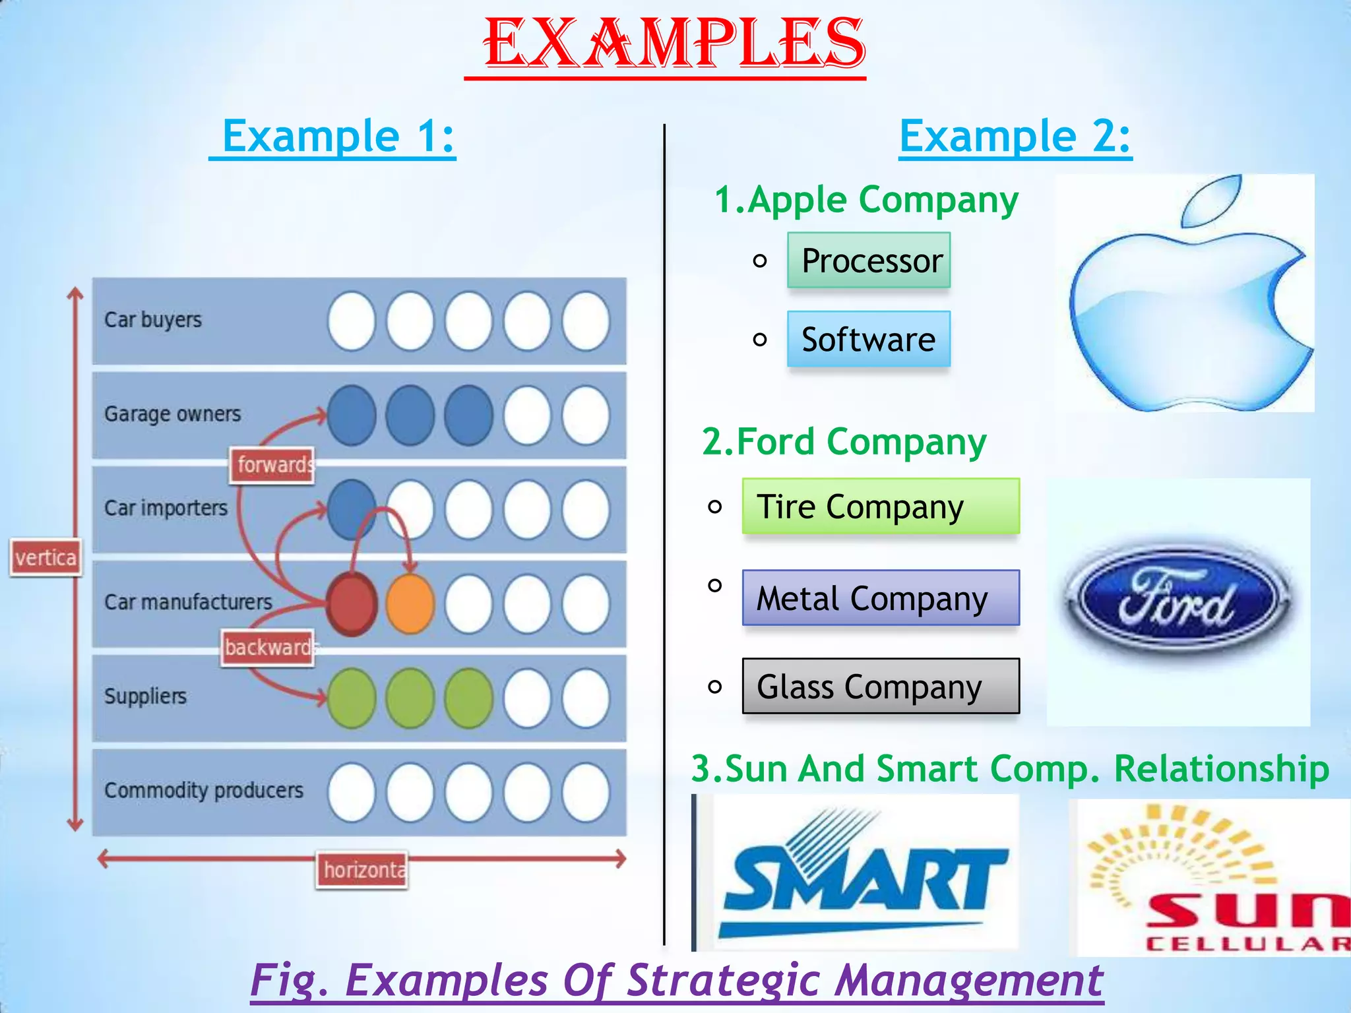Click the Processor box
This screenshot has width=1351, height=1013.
click(869, 261)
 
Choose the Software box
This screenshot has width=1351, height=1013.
click(869, 339)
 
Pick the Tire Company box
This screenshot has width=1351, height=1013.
click(881, 506)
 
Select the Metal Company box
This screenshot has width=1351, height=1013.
click(881, 598)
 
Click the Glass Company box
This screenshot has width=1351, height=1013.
click(881, 686)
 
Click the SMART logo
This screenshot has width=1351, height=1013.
click(864, 874)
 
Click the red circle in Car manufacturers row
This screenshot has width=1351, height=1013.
click(352, 604)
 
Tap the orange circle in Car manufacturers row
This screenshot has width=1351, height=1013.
click(410, 604)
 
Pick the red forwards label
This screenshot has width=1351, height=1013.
click(272, 465)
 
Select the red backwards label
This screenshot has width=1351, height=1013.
click(267, 648)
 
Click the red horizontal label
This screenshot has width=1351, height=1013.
click(362, 870)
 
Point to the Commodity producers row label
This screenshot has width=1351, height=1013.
click(203, 790)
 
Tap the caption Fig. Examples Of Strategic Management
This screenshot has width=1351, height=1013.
click(676, 980)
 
